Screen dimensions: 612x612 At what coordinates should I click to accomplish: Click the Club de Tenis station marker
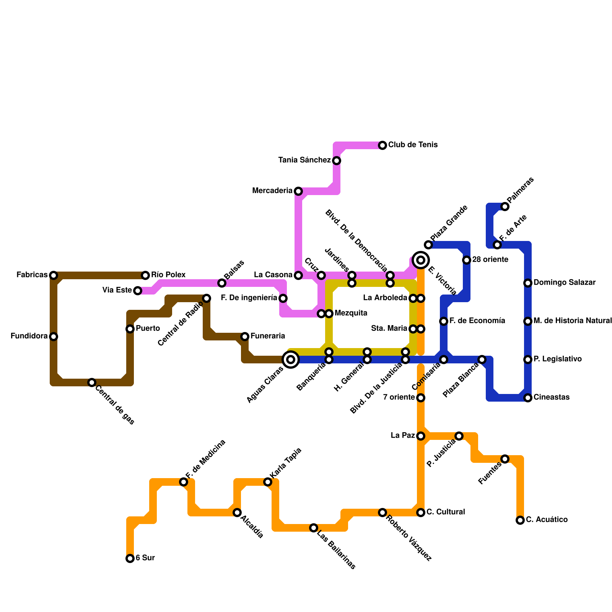[x=382, y=145]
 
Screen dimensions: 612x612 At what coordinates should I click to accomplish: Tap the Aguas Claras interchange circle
[x=291, y=360]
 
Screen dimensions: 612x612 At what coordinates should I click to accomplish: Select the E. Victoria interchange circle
[x=421, y=260]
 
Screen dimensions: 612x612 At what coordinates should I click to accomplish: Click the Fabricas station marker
[x=54, y=275]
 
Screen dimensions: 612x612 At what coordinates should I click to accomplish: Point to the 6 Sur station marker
[x=130, y=558]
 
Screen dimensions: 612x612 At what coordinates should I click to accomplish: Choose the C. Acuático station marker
[x=520, y=520]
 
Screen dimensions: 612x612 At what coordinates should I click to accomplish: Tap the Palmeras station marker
[x=505, y=207]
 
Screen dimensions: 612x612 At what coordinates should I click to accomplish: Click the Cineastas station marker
[x=528, y=398]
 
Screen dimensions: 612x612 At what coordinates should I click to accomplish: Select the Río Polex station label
[x=168, y=275]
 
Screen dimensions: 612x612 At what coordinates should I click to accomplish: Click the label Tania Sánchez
[x=304, y=160]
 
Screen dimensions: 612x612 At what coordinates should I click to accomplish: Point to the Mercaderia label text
[x=272, y=191]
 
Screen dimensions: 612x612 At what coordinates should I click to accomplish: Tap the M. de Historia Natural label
[x=573, y=321]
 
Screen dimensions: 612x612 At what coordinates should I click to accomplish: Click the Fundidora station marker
[x=54, y=337]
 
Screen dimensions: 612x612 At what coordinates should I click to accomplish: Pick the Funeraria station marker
[x=245, y=337]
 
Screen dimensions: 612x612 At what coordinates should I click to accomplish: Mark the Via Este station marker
[x=138, y=291]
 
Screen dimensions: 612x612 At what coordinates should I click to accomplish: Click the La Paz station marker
[x=421, y=436]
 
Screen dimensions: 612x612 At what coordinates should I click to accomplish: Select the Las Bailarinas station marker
[x=314, y=528]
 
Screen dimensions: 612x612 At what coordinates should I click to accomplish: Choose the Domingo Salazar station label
[x=565, y=283]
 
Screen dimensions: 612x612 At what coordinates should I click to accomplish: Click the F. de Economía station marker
[x=444, y=321]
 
